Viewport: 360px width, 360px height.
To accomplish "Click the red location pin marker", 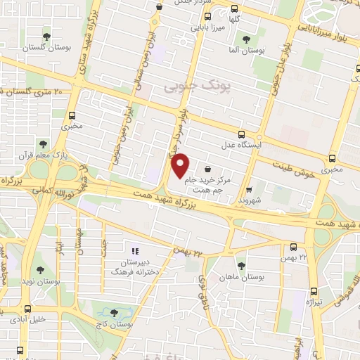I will point(181,165).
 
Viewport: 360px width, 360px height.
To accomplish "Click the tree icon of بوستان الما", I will point(245,39).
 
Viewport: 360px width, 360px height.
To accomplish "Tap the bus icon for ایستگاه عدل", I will point(242,134).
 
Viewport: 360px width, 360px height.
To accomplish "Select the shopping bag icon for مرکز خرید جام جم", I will point(207,169).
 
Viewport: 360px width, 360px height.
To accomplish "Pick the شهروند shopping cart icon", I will point(249,188).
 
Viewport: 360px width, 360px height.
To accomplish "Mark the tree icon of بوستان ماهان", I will point(241,266).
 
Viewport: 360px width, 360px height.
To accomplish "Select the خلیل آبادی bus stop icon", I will point(28,308).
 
